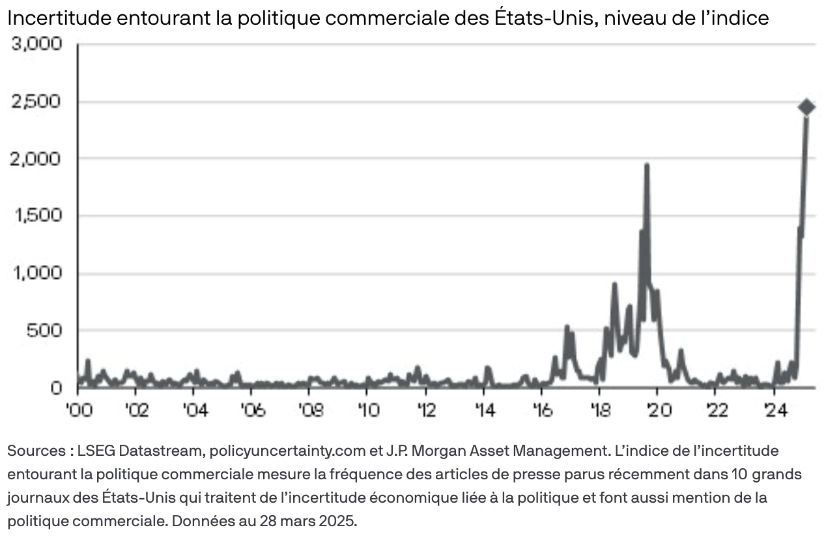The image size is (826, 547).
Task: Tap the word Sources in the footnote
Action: coord(31,451)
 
